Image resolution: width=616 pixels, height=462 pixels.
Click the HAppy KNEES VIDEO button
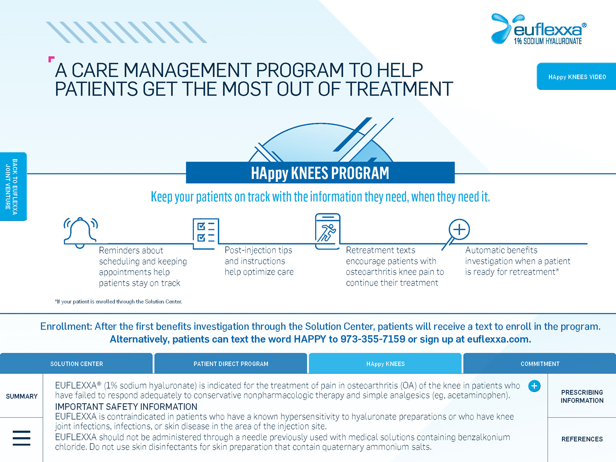pyautogui.click(x=577, y=76)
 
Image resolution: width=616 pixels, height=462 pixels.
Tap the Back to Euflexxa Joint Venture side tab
pyautogui.click(x=13, y=186)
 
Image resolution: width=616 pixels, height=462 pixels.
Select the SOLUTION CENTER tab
pyautogui.click(x=76, y=364)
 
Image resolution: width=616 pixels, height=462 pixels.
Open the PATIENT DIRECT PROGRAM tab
pyautogui.click(x=231, y=364)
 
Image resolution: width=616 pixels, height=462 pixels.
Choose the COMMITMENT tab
pyautogui.click(x=540, y=364)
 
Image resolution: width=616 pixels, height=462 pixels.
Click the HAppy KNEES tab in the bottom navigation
pyautogui.click(x=385, y=364)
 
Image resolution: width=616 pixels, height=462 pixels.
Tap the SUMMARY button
pyautogui.click(x=21, y=396)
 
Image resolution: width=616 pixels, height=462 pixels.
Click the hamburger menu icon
pyautogui.click(x=21, y=438)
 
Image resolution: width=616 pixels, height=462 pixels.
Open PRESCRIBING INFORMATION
pyautogui.click(x=582, y=396)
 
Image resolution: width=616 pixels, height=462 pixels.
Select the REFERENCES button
pyautogui.click(x=582, y=439)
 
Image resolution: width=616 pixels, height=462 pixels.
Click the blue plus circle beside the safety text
pyautogui.click(x=534, y=386)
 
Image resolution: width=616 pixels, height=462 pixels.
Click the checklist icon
pyautogui.click(x=206, y=234)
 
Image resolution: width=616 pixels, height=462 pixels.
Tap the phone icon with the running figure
pyautogui.click(x=328, y=231)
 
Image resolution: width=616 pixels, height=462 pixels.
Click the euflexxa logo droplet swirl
pyautogui.click(x=501, y=28)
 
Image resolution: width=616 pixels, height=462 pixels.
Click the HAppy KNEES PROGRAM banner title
pyautogui.click(x=320, y=173)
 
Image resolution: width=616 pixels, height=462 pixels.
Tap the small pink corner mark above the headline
pyautogui.click(x=51, y=59)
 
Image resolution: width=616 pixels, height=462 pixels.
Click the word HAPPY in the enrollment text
pyautogui.click(x=310, y=339)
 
